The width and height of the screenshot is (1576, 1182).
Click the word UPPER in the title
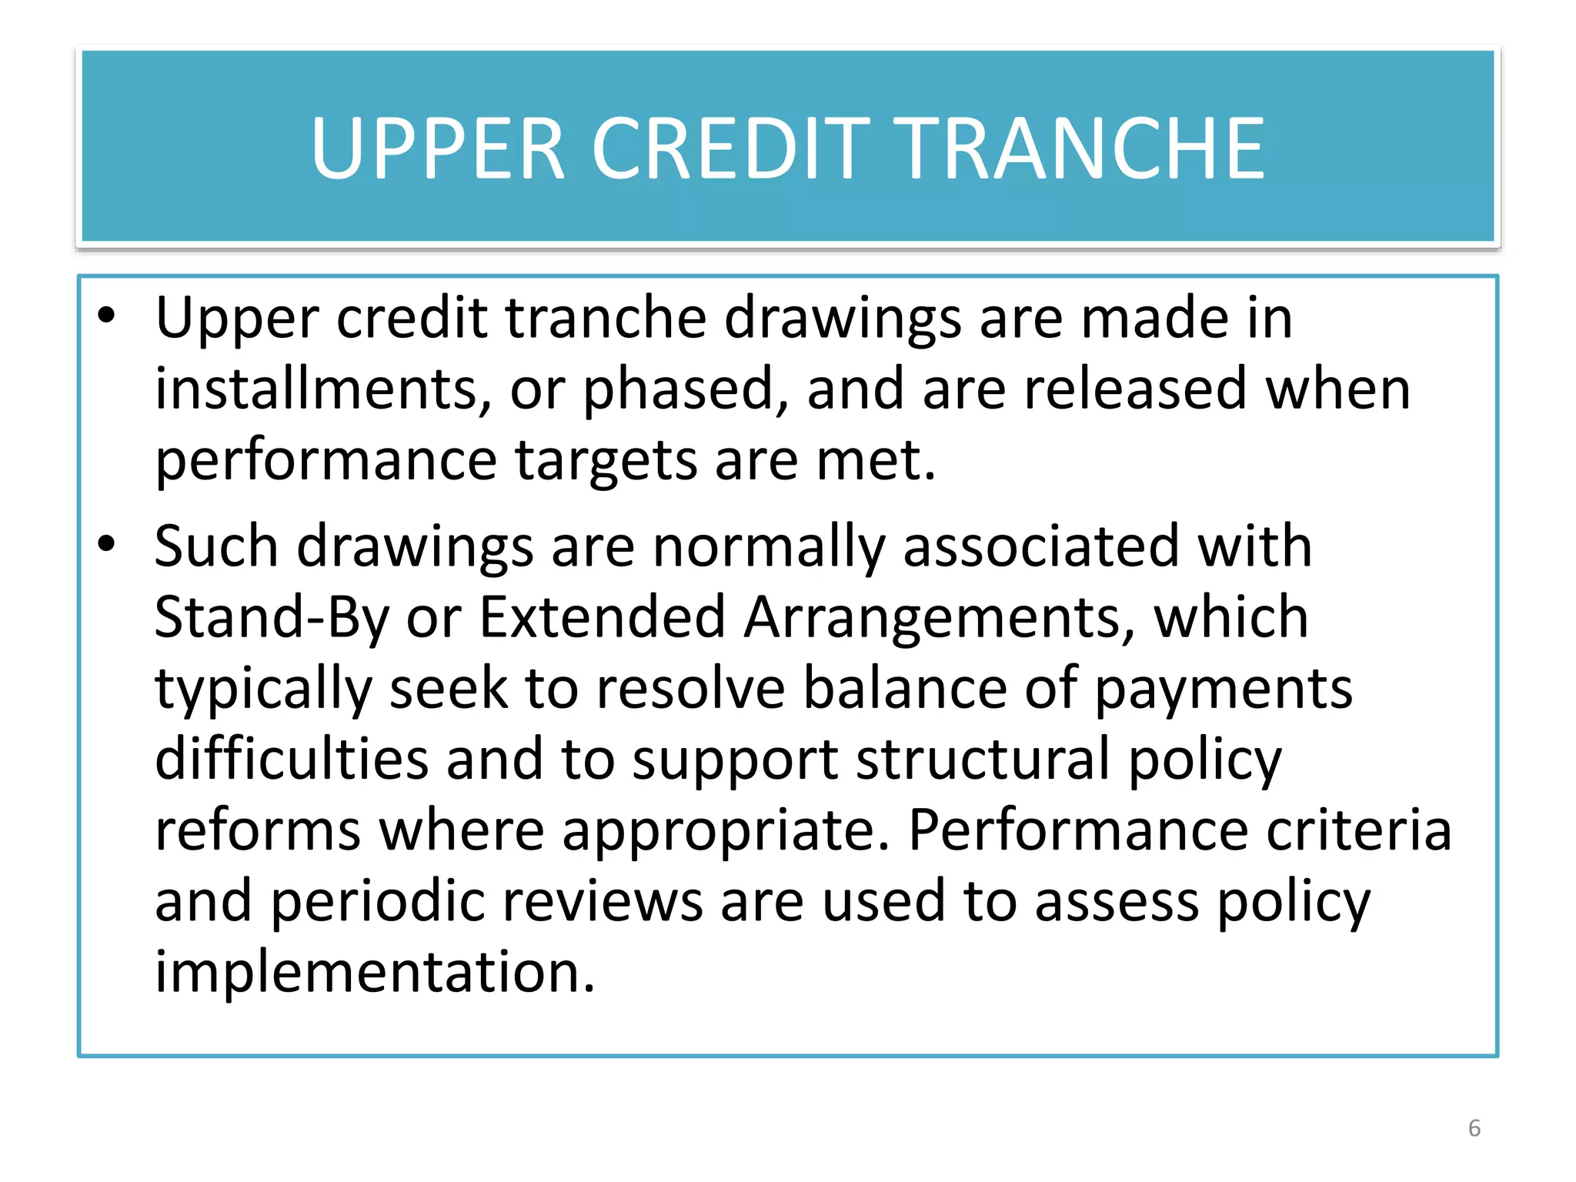[438, 149]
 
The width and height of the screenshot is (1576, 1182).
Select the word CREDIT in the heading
[730, 149]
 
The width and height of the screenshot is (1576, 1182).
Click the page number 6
[1474, 1128]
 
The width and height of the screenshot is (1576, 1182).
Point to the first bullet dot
[106, 315]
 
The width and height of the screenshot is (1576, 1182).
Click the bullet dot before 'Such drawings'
[106, 543]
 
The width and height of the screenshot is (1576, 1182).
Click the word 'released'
[1135, 389]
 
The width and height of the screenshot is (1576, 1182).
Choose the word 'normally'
[769, 546]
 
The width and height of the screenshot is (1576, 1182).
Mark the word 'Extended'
[602, 616]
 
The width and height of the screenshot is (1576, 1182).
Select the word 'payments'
[1223, 689]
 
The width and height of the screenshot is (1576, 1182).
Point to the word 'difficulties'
[291, 759]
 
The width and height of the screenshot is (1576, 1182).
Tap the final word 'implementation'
[375, 973]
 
